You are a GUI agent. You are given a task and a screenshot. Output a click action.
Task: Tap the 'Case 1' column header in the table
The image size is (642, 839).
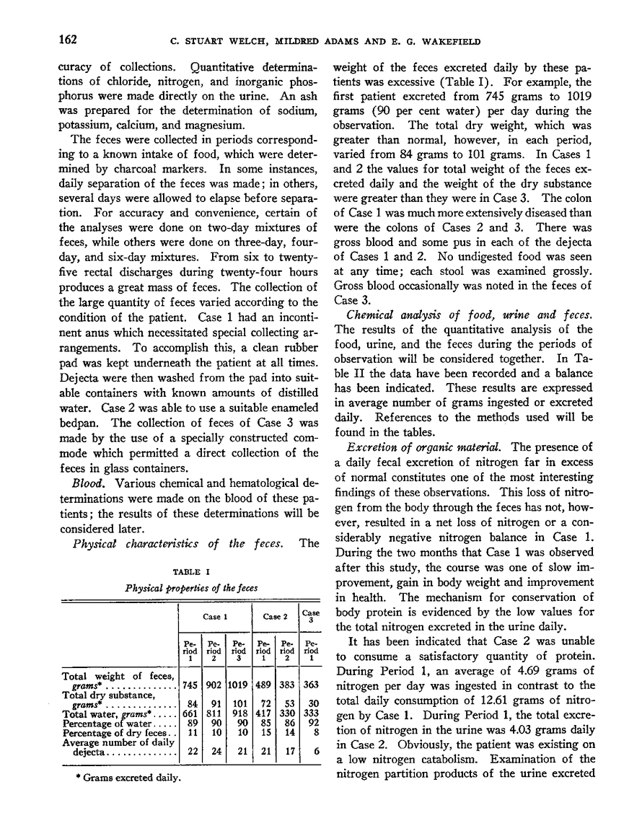point(215,617)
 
